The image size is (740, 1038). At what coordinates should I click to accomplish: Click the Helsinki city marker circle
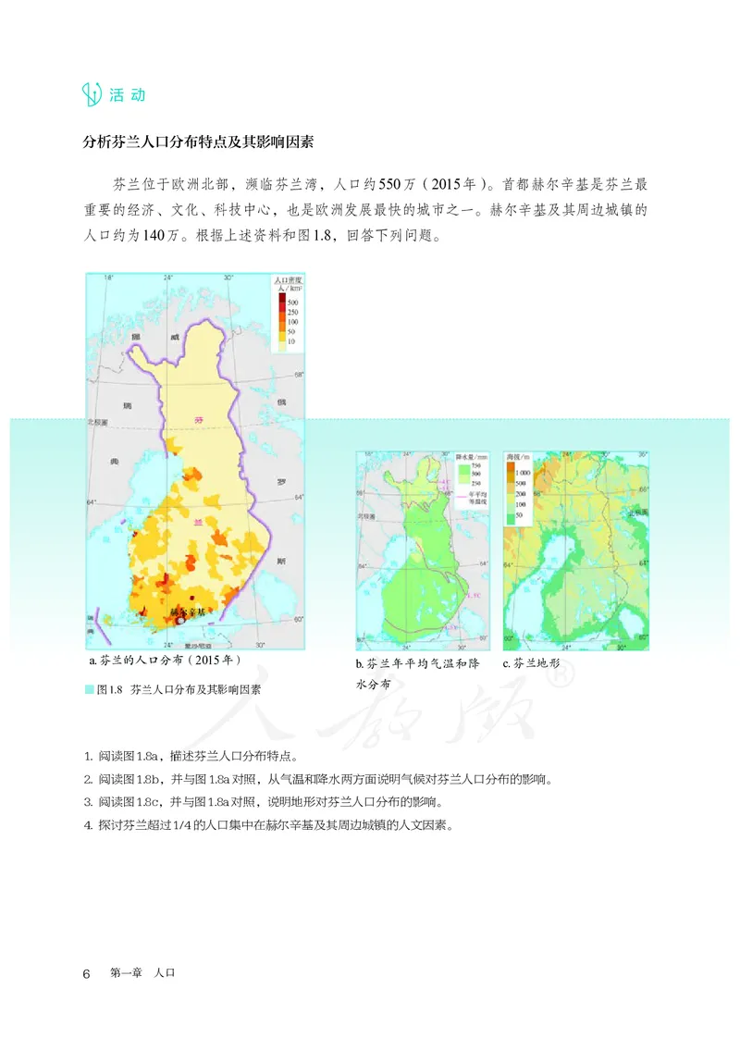[181, 623]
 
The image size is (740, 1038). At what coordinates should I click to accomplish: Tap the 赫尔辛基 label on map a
[190, 612]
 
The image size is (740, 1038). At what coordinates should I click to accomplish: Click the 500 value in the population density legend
[292, 303]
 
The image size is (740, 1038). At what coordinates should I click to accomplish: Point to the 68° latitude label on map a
[299, 375]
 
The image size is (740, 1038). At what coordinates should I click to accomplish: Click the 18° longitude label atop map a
[107, 278]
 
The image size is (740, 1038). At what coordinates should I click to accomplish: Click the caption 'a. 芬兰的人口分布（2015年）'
[164, 661]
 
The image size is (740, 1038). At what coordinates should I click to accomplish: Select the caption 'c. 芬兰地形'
[536, 663]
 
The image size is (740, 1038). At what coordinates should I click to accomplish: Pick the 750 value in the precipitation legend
[450, 464]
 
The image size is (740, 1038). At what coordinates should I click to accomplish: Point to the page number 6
[86, 973]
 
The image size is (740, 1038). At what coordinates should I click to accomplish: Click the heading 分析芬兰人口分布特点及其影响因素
[199, 143]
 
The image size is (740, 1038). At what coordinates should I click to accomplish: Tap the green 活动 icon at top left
[92, 94]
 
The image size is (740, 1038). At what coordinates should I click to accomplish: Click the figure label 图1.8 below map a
[110, 690]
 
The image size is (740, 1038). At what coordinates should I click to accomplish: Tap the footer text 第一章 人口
[142, 973]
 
